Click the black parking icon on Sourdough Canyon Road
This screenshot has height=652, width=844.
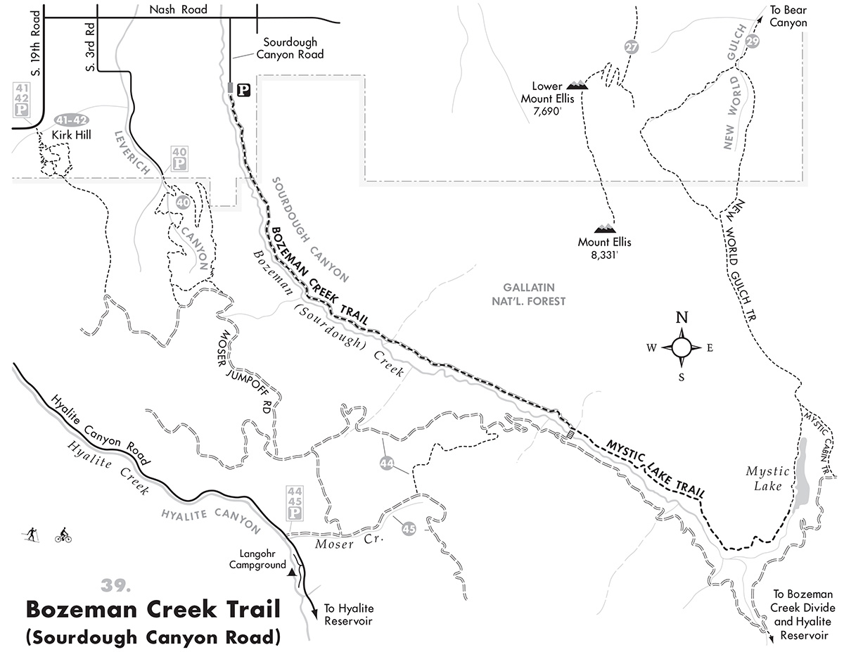(243, 89)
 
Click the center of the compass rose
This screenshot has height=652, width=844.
(682, 347)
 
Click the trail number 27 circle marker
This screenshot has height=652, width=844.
(629, 48)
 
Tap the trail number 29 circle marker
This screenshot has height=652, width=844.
(752, 40)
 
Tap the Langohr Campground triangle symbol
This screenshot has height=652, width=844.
(290, 573)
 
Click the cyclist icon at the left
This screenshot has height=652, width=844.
(63, 535)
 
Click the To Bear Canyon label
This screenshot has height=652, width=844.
(788, 15)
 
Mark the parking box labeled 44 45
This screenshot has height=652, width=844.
(294, 504)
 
